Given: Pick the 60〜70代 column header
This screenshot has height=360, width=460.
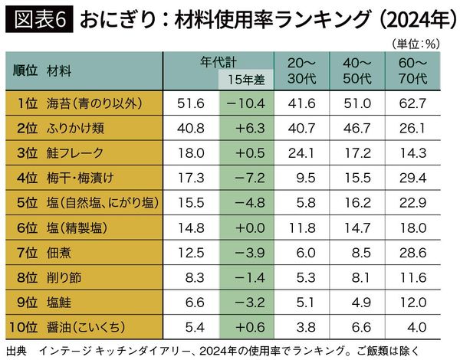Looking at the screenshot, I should click(416, 69).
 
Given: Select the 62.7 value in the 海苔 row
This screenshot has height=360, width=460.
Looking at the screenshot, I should click(416, 103).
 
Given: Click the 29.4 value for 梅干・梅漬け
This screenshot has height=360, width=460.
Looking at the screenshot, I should click(416, 178).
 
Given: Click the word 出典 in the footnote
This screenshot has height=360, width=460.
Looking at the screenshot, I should click(15, 351).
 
